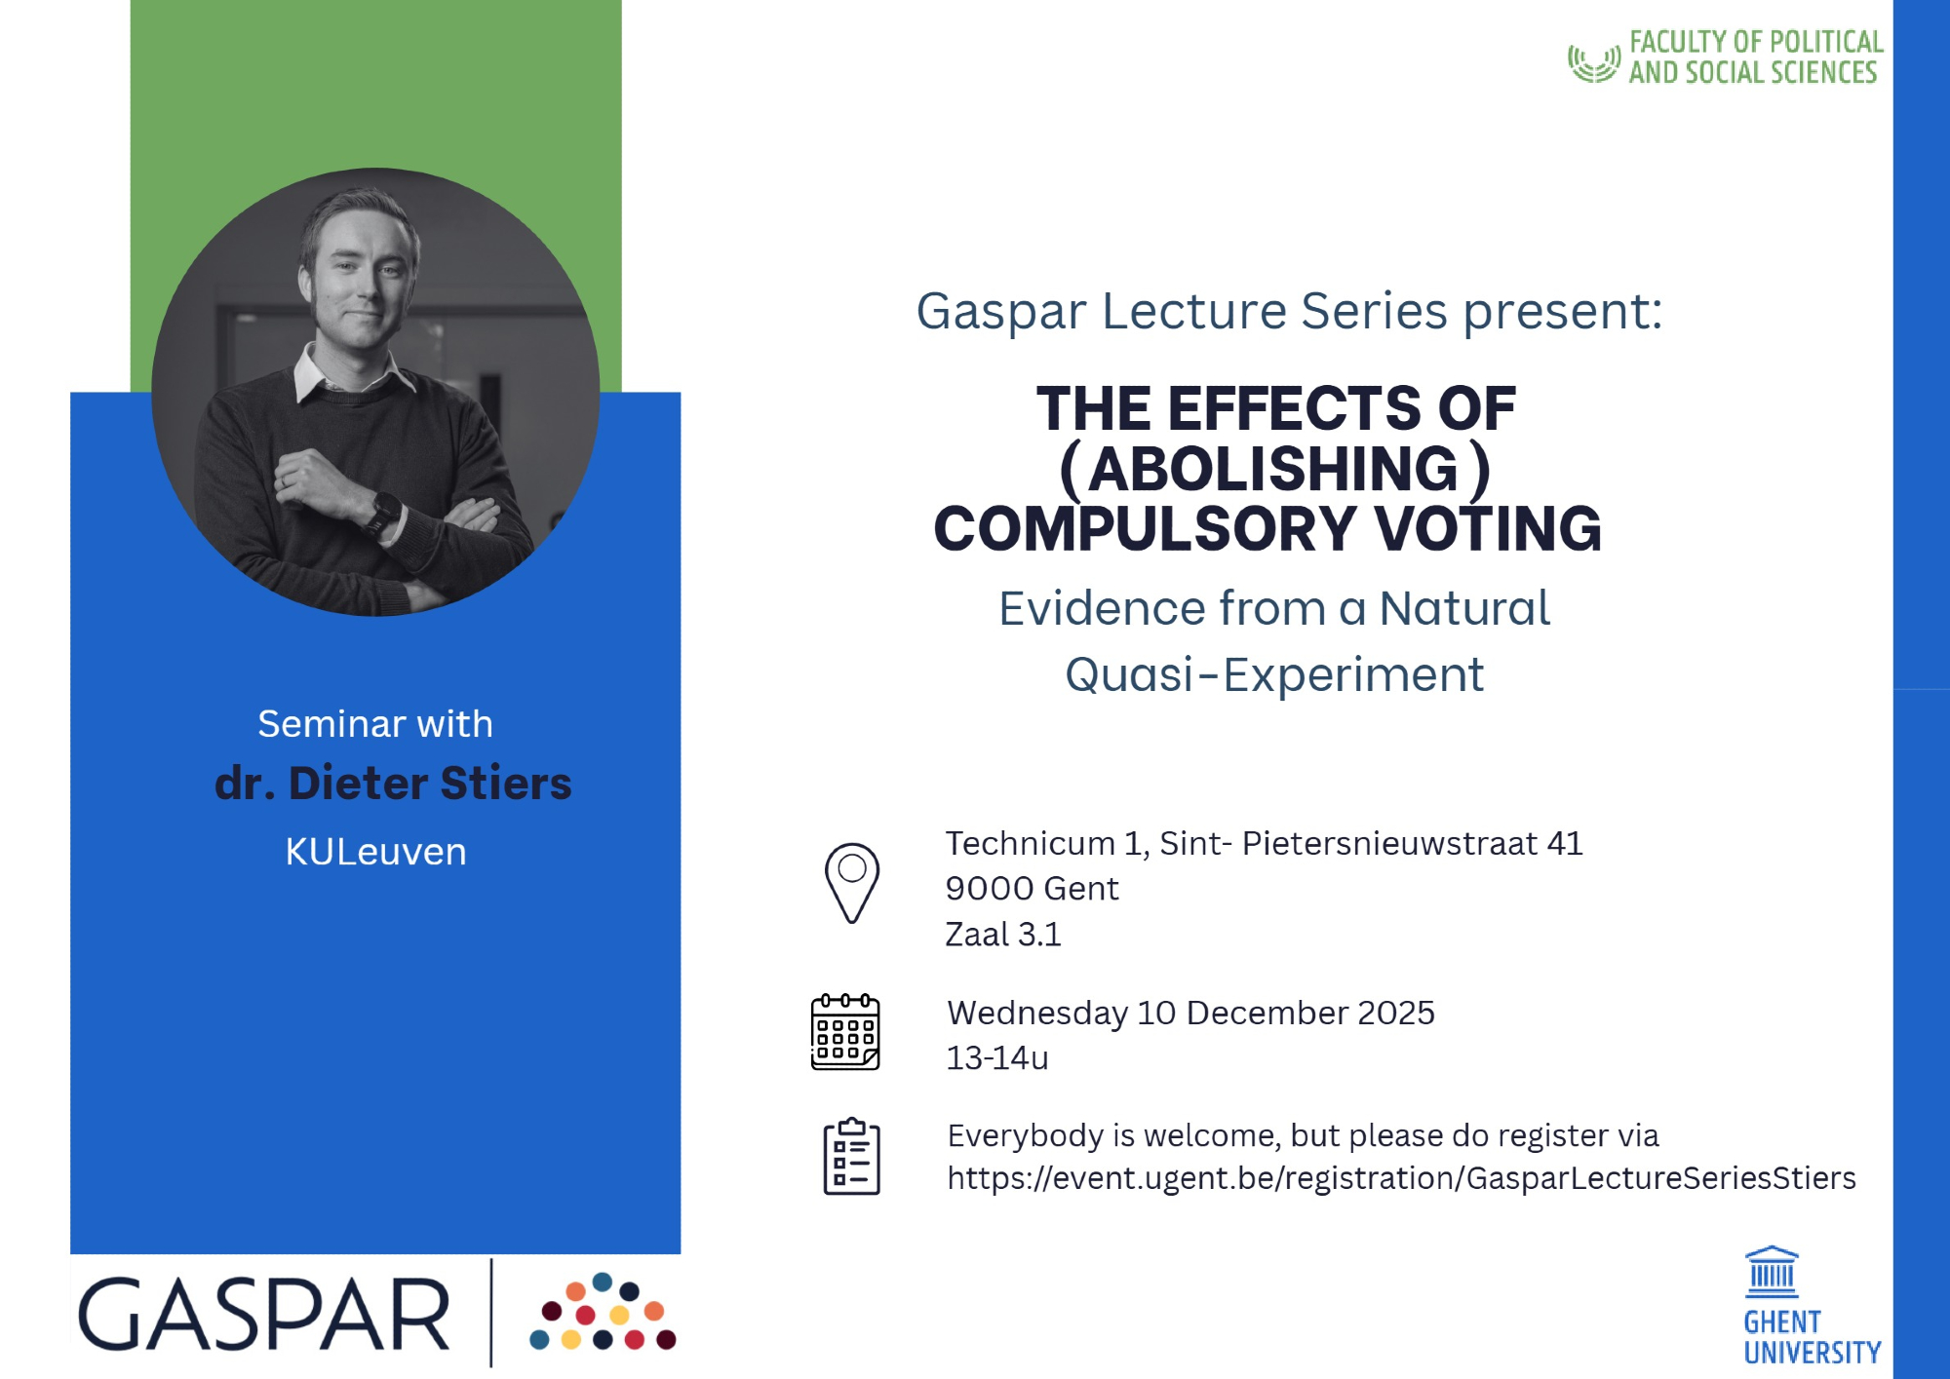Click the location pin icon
coord(851,883)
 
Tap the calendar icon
coord(845,1032)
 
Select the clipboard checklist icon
coord(851,1156)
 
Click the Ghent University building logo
coord(1772,1272)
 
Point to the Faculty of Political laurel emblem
coord(1594,63)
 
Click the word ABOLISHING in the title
coord(1273,469)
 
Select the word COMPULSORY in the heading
coord(1145,529)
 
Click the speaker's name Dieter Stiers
coord(430,784)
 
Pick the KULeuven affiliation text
coord(375,852)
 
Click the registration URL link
coord(1401,1178)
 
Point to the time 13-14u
coord(996,1058)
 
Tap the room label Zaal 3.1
coord(1003,935)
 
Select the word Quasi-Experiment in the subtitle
coord(1274,674)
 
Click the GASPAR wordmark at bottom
coord(263,1315)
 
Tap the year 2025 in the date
coord(1395,1014)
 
